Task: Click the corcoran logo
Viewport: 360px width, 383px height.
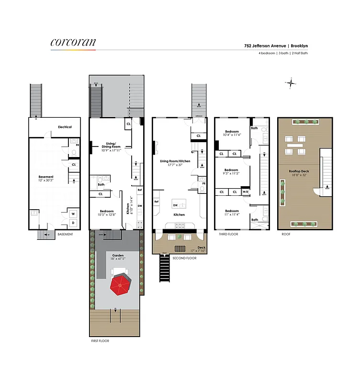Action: (x=73, y=42)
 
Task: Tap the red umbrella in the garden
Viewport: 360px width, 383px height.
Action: (x=121, y=285)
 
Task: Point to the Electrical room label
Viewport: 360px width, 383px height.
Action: (x=65, y=127)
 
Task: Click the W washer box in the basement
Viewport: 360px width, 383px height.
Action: (x=73, y=214)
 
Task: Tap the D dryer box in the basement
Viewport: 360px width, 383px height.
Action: (x=73, y=223)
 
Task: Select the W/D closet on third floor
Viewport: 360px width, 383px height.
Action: (x=246, y=192)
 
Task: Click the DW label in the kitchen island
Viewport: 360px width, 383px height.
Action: (x=175, y=205)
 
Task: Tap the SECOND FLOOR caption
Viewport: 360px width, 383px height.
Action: (x=184, y=259)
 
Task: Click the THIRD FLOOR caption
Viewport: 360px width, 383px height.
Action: (x=228, y=234)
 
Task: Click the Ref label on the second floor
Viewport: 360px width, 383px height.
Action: (x=157, y=202)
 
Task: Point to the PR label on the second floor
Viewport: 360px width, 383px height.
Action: (x=203, y=183)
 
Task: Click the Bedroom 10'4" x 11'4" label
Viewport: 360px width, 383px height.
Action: (x=232, y=135)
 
